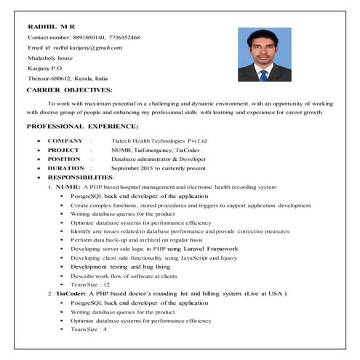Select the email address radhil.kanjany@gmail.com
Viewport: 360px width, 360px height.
point(87,47)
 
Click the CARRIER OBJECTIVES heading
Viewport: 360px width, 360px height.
point(69,89)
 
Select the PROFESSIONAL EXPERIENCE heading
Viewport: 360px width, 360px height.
point(77,126)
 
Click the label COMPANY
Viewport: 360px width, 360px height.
point(65,140)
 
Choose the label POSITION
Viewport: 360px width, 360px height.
point(64,158)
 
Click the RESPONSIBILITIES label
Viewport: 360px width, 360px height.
point(80,177)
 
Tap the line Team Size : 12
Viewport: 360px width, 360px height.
point(90,284)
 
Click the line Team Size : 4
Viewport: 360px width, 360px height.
point(89,329)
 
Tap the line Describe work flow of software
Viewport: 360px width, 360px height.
point(124,276)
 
